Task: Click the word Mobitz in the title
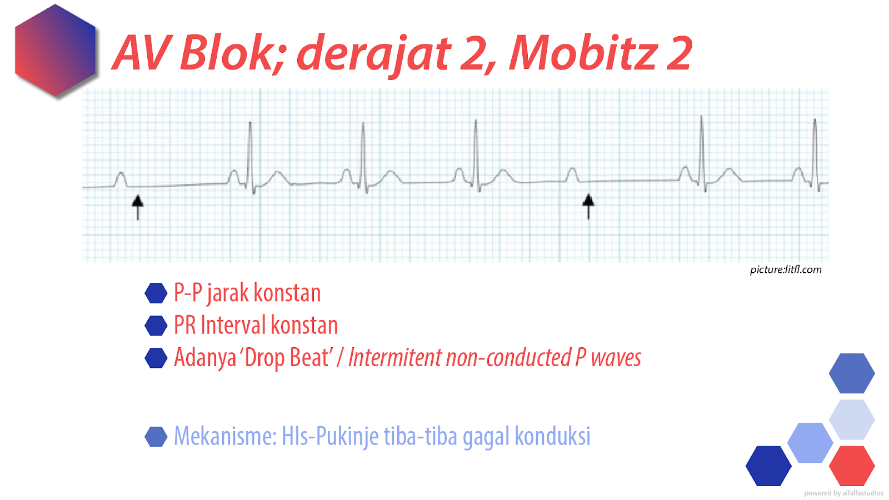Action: (583, 53)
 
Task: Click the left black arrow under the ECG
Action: (138, 207)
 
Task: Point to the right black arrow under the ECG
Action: (588, 206)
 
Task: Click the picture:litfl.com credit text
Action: (785, 270)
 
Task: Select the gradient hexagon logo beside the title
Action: (56, 51)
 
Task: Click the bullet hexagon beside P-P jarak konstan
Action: (156, 293)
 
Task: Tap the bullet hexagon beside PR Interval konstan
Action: (156, 326)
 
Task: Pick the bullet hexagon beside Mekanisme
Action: (156, 437)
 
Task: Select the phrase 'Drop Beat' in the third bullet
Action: (286, 358)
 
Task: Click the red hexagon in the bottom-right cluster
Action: (851, 466)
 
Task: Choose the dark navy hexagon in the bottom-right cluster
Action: (768, 466)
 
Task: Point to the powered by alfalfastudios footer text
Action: (843, 493)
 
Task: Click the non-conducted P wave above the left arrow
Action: (121, 179)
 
